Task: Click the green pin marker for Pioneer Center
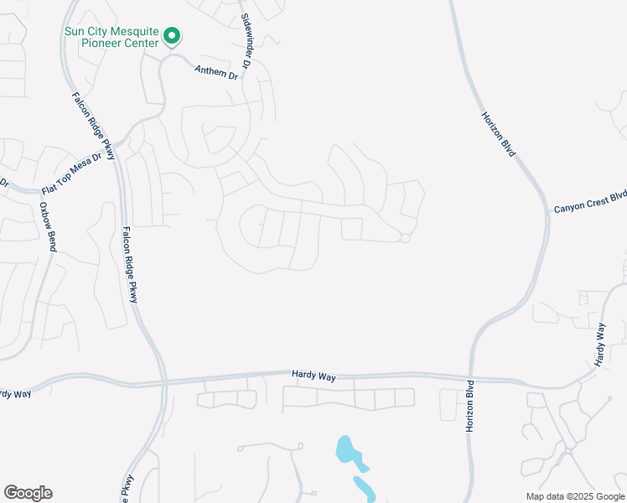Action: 172,35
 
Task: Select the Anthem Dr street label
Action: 216,72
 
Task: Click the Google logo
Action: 28,493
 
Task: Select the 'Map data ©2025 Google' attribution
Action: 574,496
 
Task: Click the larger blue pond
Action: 349,452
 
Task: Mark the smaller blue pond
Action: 364,487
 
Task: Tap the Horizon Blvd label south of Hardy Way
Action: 469,405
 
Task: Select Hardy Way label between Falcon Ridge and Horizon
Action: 313,376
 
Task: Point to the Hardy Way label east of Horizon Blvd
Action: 599,345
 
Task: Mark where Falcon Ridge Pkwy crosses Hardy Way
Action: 163,383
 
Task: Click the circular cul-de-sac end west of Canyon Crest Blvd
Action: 405,239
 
